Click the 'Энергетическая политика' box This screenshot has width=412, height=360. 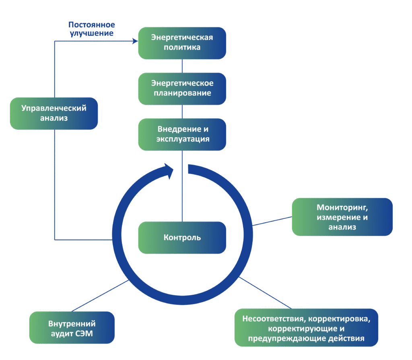(x=182, y=43)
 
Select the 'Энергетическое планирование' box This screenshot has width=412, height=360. (x=182, y=89)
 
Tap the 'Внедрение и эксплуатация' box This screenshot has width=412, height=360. (x=182, y=134)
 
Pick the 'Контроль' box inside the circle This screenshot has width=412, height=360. (x=182, y=238)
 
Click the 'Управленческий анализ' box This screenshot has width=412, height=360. (x=54, y=113)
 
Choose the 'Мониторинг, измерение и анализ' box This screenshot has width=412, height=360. (x=342, y=217)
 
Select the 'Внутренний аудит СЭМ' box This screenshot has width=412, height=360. (x=72, y=328)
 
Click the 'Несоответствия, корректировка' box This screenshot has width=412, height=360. (x=306, y=328)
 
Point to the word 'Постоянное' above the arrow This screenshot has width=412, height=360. (x=92, y=25)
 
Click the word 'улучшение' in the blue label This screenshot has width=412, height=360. (x=92, y=33)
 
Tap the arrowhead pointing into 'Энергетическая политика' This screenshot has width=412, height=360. (x=135, y=41)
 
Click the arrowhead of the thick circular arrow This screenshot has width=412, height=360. (x=169, y=171)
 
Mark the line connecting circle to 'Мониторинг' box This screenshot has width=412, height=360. (x=272, y=221)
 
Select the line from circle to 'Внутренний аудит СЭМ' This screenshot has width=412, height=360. (x=100, y=296)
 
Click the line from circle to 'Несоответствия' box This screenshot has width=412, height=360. (x=265, y=293)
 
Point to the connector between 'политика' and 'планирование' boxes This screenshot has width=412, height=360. (x=182, y=66)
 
